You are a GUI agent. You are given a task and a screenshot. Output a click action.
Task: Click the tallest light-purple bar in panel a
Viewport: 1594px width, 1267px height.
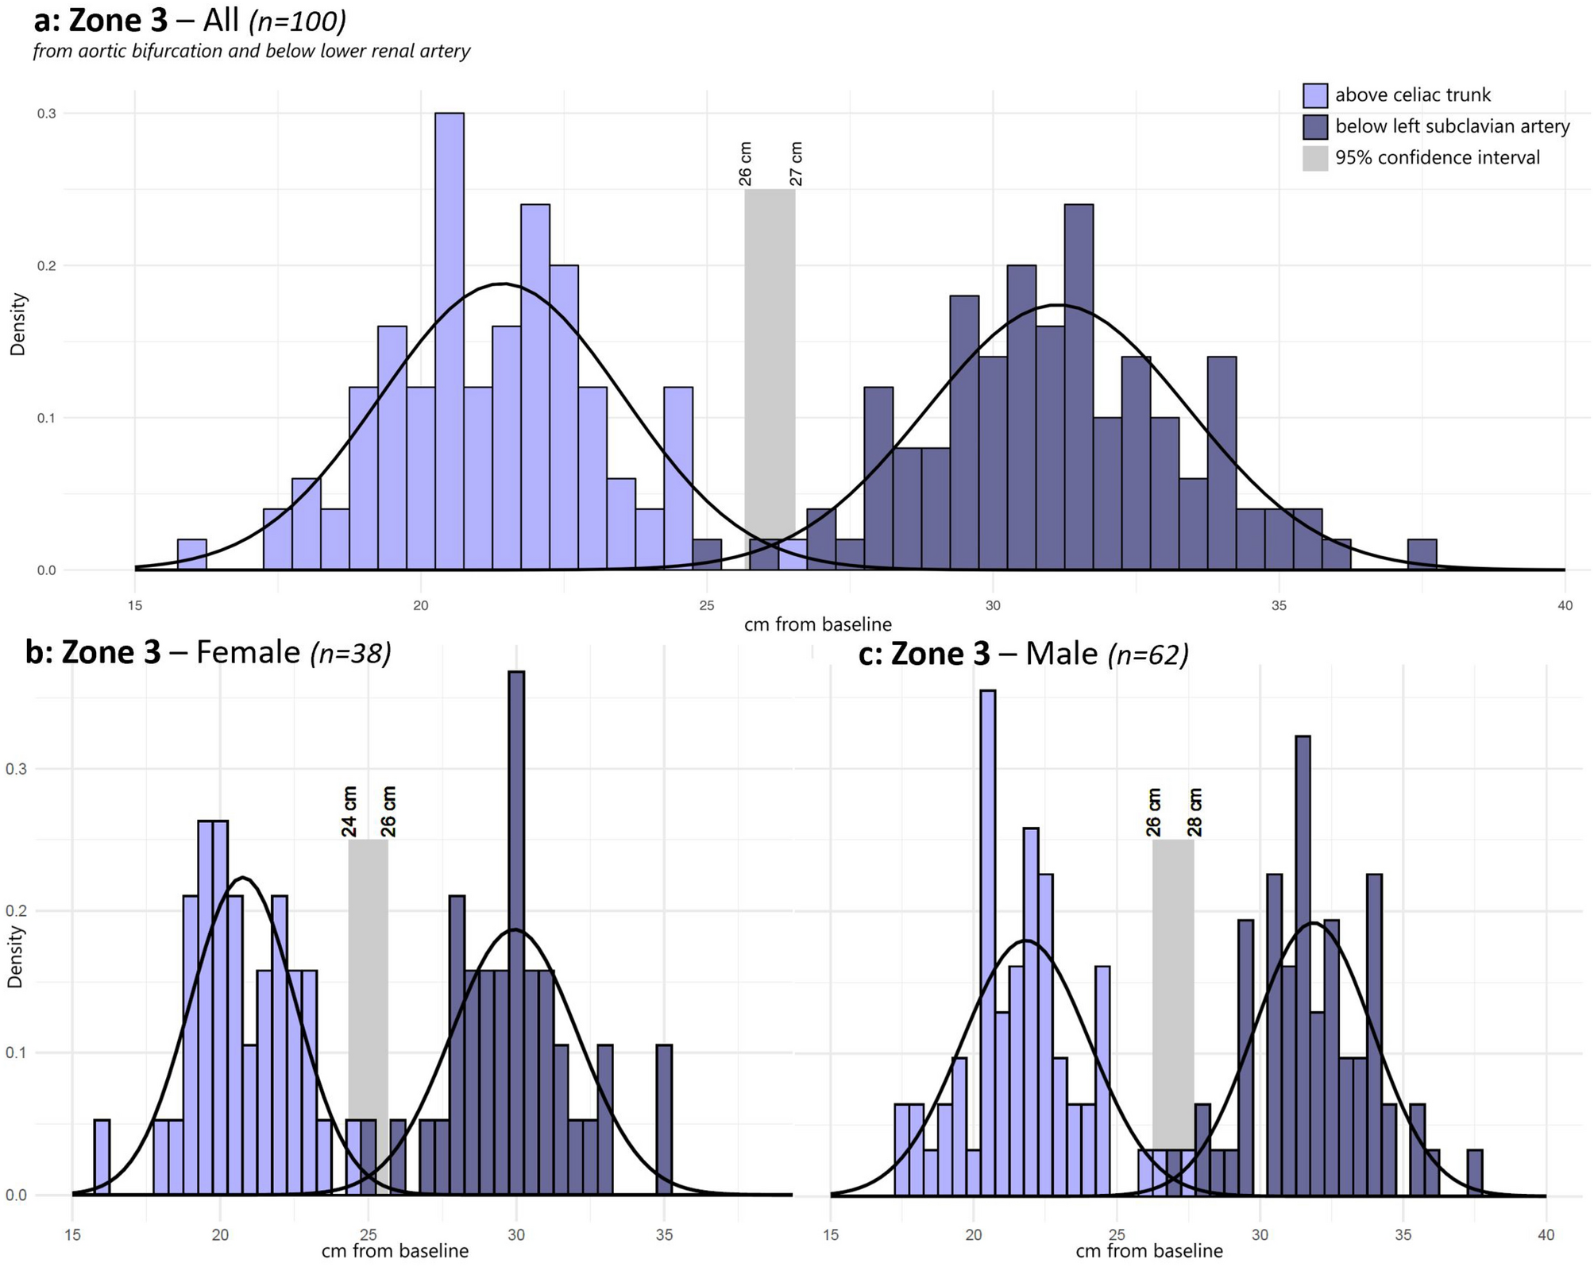coord(450,342)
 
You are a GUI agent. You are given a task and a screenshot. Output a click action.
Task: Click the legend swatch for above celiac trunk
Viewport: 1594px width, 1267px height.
coord(1314,95)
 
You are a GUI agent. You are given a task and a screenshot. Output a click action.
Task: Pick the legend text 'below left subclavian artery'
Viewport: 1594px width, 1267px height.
coord(1452,126)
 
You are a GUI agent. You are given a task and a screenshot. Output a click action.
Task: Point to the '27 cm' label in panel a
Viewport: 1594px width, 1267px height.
coord(797,164)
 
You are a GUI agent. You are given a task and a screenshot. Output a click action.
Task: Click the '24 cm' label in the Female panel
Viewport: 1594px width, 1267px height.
coord(349,811)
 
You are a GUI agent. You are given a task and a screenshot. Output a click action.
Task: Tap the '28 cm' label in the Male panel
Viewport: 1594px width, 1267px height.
coord(1195,812)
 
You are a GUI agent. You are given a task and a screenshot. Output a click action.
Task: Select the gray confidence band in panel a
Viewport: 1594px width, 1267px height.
coord(770,357)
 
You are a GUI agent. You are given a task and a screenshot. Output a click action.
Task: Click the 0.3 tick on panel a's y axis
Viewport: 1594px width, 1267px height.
coord(46,114)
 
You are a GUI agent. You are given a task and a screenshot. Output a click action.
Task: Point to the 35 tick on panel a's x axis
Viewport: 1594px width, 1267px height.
coord(1279,605)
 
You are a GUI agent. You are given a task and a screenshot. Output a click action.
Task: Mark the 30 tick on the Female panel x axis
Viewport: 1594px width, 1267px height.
coord(516,1234)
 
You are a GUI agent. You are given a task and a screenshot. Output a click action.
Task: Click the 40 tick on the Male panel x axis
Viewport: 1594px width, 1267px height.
coord(1546,1234)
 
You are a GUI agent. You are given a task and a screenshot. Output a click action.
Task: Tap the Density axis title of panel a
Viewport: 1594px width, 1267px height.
coord(17,324)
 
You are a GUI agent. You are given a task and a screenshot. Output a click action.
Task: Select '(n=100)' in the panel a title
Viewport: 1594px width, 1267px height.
coord(297,21)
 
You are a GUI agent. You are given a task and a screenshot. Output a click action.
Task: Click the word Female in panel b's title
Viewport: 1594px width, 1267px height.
coord(248,652)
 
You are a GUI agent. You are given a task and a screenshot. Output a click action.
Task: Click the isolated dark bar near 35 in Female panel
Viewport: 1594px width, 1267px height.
coord(664,1119)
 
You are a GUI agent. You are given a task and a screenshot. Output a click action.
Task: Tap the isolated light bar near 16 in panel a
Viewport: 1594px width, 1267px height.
coord(192,554)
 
